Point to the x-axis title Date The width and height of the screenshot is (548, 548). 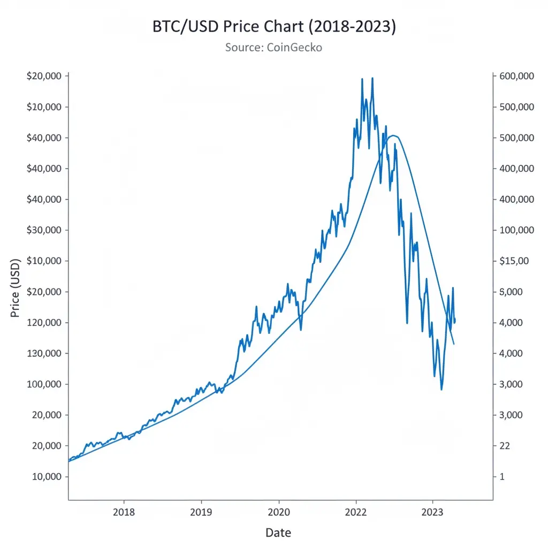coord(278,532)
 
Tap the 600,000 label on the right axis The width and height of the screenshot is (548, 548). coord(516,76)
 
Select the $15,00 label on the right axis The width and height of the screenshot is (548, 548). coord(513,261)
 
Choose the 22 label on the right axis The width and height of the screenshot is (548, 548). coord(505,446)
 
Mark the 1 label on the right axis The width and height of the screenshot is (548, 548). coord(502,477)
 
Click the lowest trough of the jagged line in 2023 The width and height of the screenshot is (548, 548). coord(442,389)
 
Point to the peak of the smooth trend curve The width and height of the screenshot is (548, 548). coord(393,135)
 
